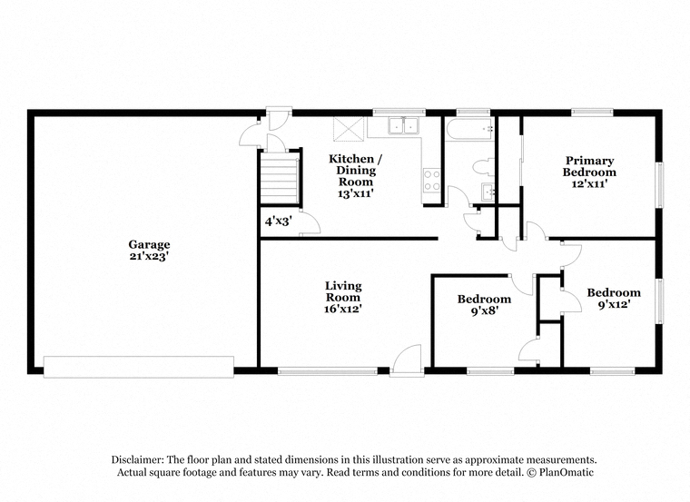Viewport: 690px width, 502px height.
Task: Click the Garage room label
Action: pyautogui.click(x=149, y=244)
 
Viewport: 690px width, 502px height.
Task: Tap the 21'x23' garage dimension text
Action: pyautogui.click(x=149, y=256)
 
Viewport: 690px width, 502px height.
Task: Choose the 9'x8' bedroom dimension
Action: pyautogui.click(x=484, y=311)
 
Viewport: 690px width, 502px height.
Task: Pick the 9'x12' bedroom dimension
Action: pyautogui.click(x=615, y=304)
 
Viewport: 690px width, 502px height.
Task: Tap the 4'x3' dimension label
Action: pyautogui.click(x=279, y=221)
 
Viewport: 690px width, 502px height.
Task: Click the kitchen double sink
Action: pyautogui.click(x=402, y=125)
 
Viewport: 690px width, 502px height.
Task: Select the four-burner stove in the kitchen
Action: pyautogui.click(x=431, y=181)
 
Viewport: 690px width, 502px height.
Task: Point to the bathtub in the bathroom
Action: pyautogui.click(x=468, y=129)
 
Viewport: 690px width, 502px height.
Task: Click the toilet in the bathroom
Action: pyautogui.click(x=484, y=167)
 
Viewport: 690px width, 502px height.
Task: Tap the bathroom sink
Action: pyautogui.click(x=488, y=192)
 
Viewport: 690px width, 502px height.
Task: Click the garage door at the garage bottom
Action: pyautogui.click(x=139, y=367)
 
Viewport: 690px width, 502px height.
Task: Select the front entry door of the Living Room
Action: pyautogui.click(x=407, y=360)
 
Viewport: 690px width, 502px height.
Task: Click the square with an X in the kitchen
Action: pyautogui.click(x=349, y=129)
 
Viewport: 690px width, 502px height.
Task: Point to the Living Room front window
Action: pyautogui.click(x=328, y=371)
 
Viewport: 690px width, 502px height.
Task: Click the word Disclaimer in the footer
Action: pyautogui.click(x=138, y=460)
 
